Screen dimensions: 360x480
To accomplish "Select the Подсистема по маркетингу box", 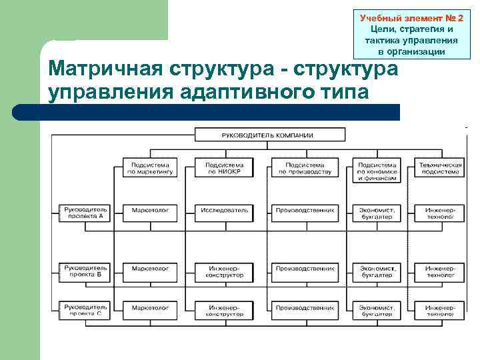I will coord(150,168).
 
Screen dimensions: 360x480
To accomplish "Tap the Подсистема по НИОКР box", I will coord(224,168).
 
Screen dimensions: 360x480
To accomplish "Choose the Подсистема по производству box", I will coord(304,168).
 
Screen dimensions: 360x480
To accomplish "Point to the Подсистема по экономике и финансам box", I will coord(377,171).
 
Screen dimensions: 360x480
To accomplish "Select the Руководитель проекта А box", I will coord(86,213).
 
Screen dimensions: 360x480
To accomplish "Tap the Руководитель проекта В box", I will coord(86,271).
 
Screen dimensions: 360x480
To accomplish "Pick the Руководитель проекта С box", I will coord(86,309).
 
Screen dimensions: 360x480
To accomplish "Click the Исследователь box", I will coord(224,210).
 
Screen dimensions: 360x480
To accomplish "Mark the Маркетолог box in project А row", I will coord(150,210).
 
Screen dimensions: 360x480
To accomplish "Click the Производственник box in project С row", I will coord(304,308).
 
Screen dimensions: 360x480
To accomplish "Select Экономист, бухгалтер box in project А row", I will coord(377,213).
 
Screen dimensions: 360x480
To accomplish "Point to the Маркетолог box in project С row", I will coord(150,308).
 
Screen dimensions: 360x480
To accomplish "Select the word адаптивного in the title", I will coord(246,92).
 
